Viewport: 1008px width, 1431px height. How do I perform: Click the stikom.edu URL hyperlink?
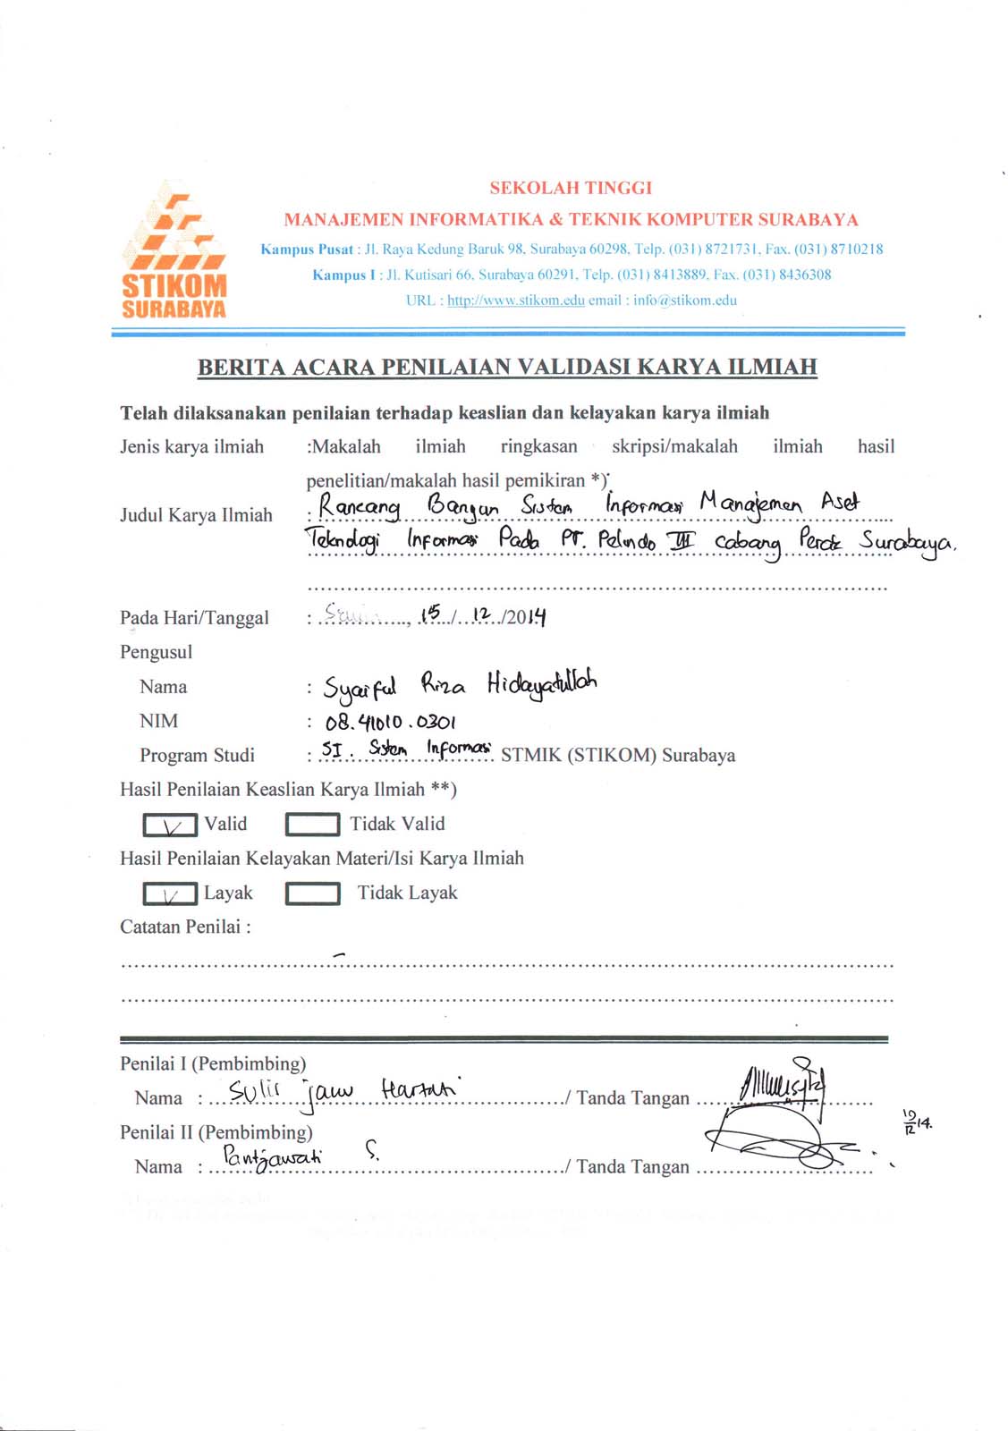point(515,301)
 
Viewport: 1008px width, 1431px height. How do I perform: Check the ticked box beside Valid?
point(170,824)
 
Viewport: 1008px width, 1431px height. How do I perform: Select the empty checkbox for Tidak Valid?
point(312,824)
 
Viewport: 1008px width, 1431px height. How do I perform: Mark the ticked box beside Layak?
point(170,893)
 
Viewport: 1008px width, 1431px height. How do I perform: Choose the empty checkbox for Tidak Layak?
point(312,893)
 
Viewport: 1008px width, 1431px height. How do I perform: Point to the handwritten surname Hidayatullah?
point(542,684)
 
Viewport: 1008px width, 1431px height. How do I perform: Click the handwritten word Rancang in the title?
point(360,507)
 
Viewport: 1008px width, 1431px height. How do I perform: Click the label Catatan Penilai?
point(185,927)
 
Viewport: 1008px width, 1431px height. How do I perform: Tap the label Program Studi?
point(197,756)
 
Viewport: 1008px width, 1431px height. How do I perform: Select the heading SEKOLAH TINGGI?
point(571,188)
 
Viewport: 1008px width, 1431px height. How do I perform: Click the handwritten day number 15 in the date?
point(433,613)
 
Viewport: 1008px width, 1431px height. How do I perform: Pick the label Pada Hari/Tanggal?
point(194,618)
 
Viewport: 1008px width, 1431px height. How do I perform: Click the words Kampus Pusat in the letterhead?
point(307,250)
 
